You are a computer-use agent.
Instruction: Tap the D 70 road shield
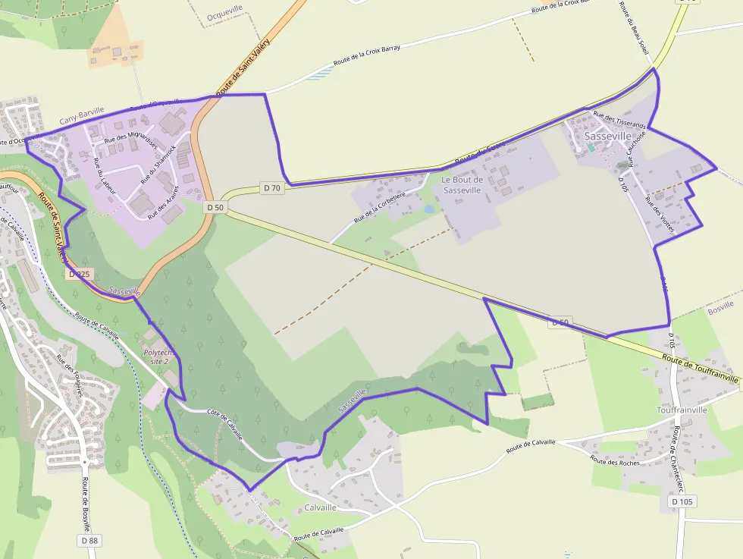[x=272, y=187]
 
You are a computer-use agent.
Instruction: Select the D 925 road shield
[x=79, y=274]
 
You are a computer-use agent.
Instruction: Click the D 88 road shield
[x=89, y=540]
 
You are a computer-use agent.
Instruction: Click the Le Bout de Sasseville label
[x=462, y=184]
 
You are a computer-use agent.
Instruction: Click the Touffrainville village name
[x=682, y=410]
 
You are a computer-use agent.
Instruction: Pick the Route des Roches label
[x=614, y=461]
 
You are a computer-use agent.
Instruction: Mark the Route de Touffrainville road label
[x=699, y=368]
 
